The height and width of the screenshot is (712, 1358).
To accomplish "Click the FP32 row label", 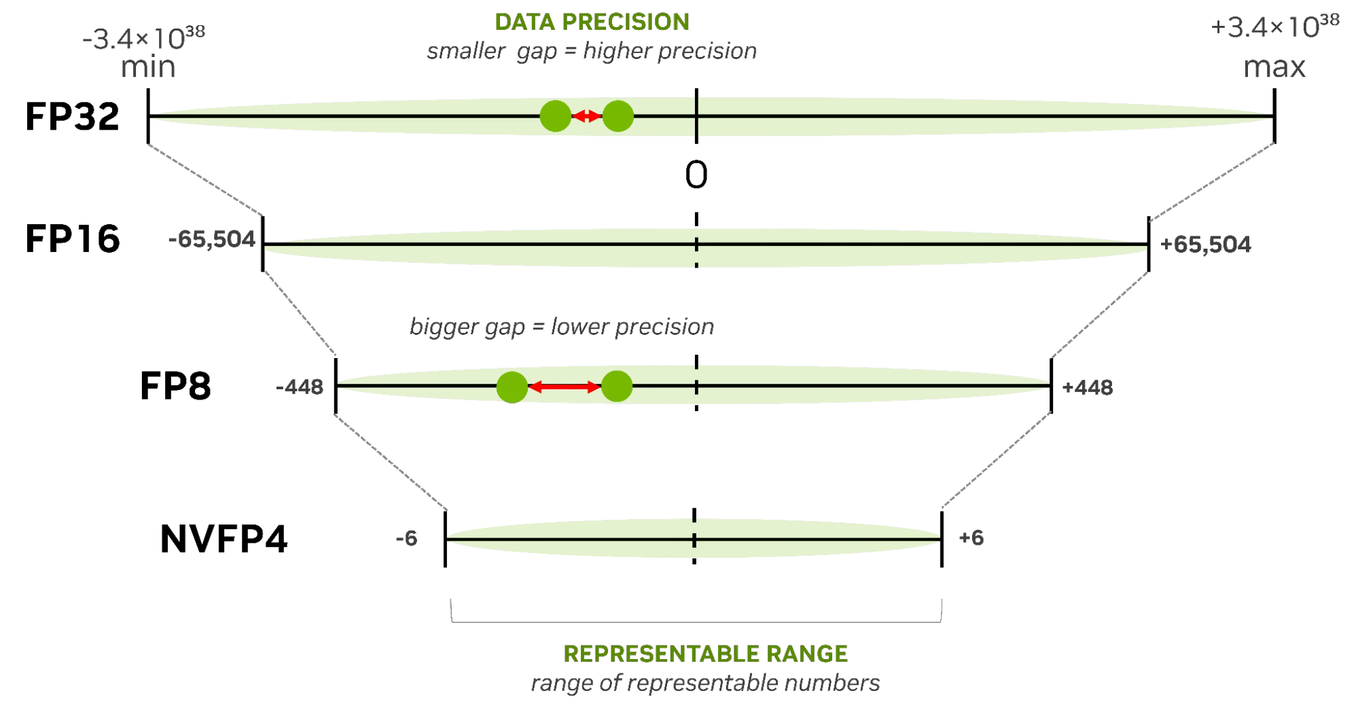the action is pyautogui.click(x=72, y=116).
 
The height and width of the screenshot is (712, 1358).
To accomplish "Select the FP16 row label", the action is pyautogui.click(x=73, y=239).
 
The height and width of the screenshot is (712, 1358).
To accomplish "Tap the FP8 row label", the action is pyautogui.click(x=175, y=386).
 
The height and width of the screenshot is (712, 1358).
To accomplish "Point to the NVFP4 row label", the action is pyautogui.click(x=224, y=539).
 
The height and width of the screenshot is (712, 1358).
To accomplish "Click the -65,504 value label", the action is pyautogui.click(x=212, y=239).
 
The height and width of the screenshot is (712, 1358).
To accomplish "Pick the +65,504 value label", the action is pyautogui.click(x=1206, y=245).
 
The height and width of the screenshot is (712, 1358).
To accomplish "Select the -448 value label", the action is pyautogui.click(x=300, y=387).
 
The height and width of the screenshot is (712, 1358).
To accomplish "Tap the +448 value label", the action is pyautogui.click(x=1088, y=388).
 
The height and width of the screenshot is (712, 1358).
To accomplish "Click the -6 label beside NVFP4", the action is pyautogui.click(x=406, y=539).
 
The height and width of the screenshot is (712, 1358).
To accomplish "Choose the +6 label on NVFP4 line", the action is pyautogui.click(x=971, y=538).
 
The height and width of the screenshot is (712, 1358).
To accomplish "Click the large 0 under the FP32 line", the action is pyautogui.click(x=696, y=175).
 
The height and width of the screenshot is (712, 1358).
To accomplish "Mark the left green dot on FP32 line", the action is pyautogui.click(x=556, y=116).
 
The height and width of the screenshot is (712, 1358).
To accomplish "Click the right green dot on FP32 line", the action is pyautogui.click(x=618, y=116).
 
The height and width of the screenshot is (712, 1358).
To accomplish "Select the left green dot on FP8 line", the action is pyautogui.click(x=512, y=387).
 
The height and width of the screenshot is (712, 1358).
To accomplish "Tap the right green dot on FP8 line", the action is pyautogui.click(x=617, y=387).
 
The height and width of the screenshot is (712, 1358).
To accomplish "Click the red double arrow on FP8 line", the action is pyautogui.click(x=565, y=387).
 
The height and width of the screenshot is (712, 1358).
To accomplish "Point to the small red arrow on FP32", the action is pyautogui.click(x=587, y=116).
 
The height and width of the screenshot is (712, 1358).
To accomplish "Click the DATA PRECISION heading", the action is pyautogui.click(x=592, y=22).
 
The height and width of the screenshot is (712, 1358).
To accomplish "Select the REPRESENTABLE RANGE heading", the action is pyautogui.click(x=705, y=654).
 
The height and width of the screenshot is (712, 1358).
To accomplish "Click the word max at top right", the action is pyautogui.click(x=1274, y=67).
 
